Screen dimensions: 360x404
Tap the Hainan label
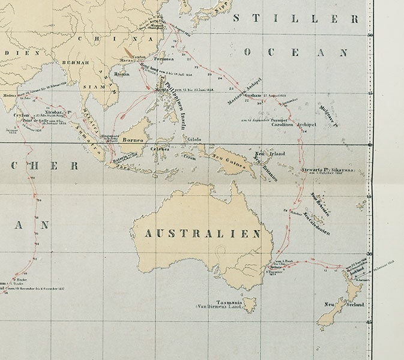(121, 74)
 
